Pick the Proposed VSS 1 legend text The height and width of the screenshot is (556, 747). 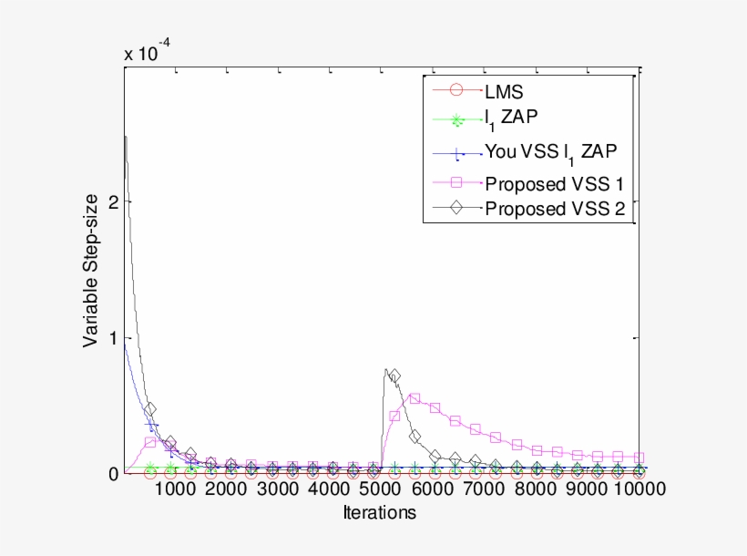click(554, 183)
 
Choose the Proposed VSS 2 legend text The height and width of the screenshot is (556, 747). click(554, 209)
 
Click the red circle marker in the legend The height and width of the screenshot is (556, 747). click(458, 90)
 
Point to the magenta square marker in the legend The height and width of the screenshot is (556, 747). click(458, 182)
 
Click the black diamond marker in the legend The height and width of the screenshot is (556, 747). click(458, 208)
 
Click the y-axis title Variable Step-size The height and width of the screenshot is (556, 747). click(91, 273)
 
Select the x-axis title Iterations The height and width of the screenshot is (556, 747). click(380, 513)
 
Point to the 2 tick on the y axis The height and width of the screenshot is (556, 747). click(114, 202)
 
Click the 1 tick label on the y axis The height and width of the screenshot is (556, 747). click(114, 338)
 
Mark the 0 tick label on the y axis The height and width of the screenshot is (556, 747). click(114, 473)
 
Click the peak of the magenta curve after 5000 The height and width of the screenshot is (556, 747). click(414, 398)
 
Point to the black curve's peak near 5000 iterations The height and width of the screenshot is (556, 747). click(386, 370)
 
